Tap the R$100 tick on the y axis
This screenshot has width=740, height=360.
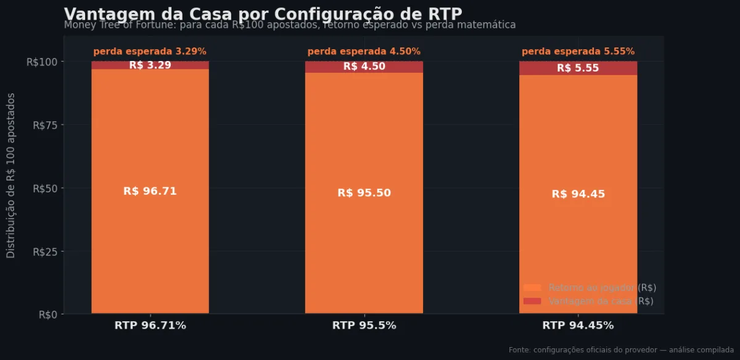[42, 62]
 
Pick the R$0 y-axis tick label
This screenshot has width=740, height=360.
[47, 314]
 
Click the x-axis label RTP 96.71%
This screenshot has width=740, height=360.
[150, 325]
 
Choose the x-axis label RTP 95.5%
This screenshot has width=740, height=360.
[364, 325]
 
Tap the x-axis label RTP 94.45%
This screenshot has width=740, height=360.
[578, 325]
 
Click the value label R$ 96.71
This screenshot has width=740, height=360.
[150, 191]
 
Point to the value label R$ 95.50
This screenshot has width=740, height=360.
[364, 193]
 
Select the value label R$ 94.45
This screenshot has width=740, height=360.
[578, 194]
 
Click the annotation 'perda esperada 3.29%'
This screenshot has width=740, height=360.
[150, 52]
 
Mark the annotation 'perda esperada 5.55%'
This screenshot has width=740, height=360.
[578, 52]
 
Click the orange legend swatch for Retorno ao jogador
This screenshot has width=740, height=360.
[532, 288]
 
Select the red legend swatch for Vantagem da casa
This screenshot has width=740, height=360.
[532, 301]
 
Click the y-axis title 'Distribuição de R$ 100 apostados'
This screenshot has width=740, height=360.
[11, 176]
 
